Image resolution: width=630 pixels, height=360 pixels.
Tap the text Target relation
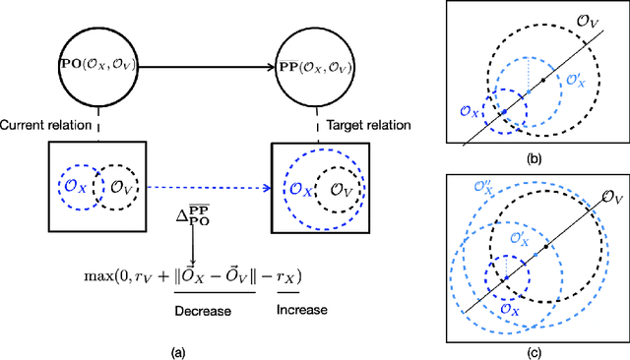coord(354,126)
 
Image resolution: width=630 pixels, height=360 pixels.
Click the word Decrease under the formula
coord(203,310)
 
